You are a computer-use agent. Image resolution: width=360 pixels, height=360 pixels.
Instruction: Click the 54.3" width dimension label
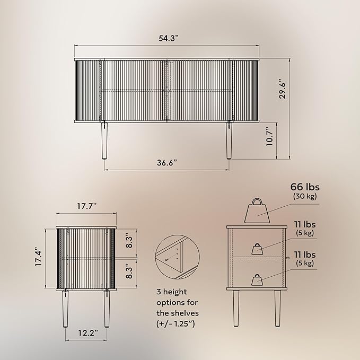(x=169, y=38)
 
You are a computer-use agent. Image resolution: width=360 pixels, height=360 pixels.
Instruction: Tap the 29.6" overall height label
(x=283, y=89)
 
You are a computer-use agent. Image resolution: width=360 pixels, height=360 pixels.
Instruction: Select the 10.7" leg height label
(x=269, y=137)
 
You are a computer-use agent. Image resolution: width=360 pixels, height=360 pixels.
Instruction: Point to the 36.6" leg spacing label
(x=167, y=163)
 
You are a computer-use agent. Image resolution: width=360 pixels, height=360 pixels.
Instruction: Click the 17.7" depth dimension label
(x=86, y=206)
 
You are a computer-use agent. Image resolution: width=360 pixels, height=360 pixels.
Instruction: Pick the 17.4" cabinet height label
(x=39, y=257)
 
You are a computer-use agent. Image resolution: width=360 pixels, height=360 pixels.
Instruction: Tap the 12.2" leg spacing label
(x=89, y=332)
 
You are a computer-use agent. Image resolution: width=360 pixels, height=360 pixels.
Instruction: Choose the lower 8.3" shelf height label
(x=129, y=271)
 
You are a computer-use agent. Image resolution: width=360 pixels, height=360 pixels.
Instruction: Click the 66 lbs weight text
(x=305, y=187)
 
